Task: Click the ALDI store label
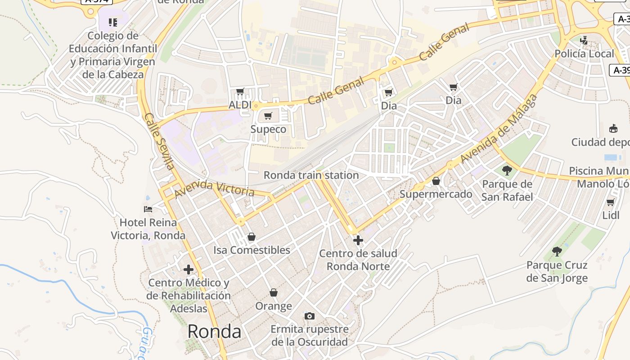pyautogui.click(x=240, y=105)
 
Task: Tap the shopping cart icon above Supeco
pyautogui.click(x=268, y=116)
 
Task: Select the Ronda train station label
pyautogui.click(x=311, y=175)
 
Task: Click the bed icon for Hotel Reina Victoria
pyautogui.click(x=148, y=209)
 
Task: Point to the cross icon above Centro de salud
pyautogui.click(x=358, y=240)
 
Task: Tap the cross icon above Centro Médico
pyautogui.click(x=189, y=270)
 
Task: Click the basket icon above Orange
pyautogui.click(x=274, y=292)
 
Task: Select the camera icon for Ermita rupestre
pyautogui.click(x=310, y=316)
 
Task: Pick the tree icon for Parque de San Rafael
pyautogui.click(x=507, y=171)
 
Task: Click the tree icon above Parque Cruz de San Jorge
pyautogui.click(x=557, y=252)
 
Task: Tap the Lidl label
pyautogui.click(x=611, y=215)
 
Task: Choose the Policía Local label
pyautogui.click(x=584, y=54)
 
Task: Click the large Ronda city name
pyautogui.click(x=214, y=332)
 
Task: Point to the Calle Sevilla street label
pyautogui.click(x=159, y=141)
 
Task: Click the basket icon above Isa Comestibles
pyautogui.click(x=252, y=237)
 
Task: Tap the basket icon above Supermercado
pyautogui.click(x=436, y=181)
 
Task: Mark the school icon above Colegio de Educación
pyautogui.click(x=113, y=22)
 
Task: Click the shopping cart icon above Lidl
pyautogui.click(x=611, y=202)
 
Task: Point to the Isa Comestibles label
pyautogui.click(x=252, y=250)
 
